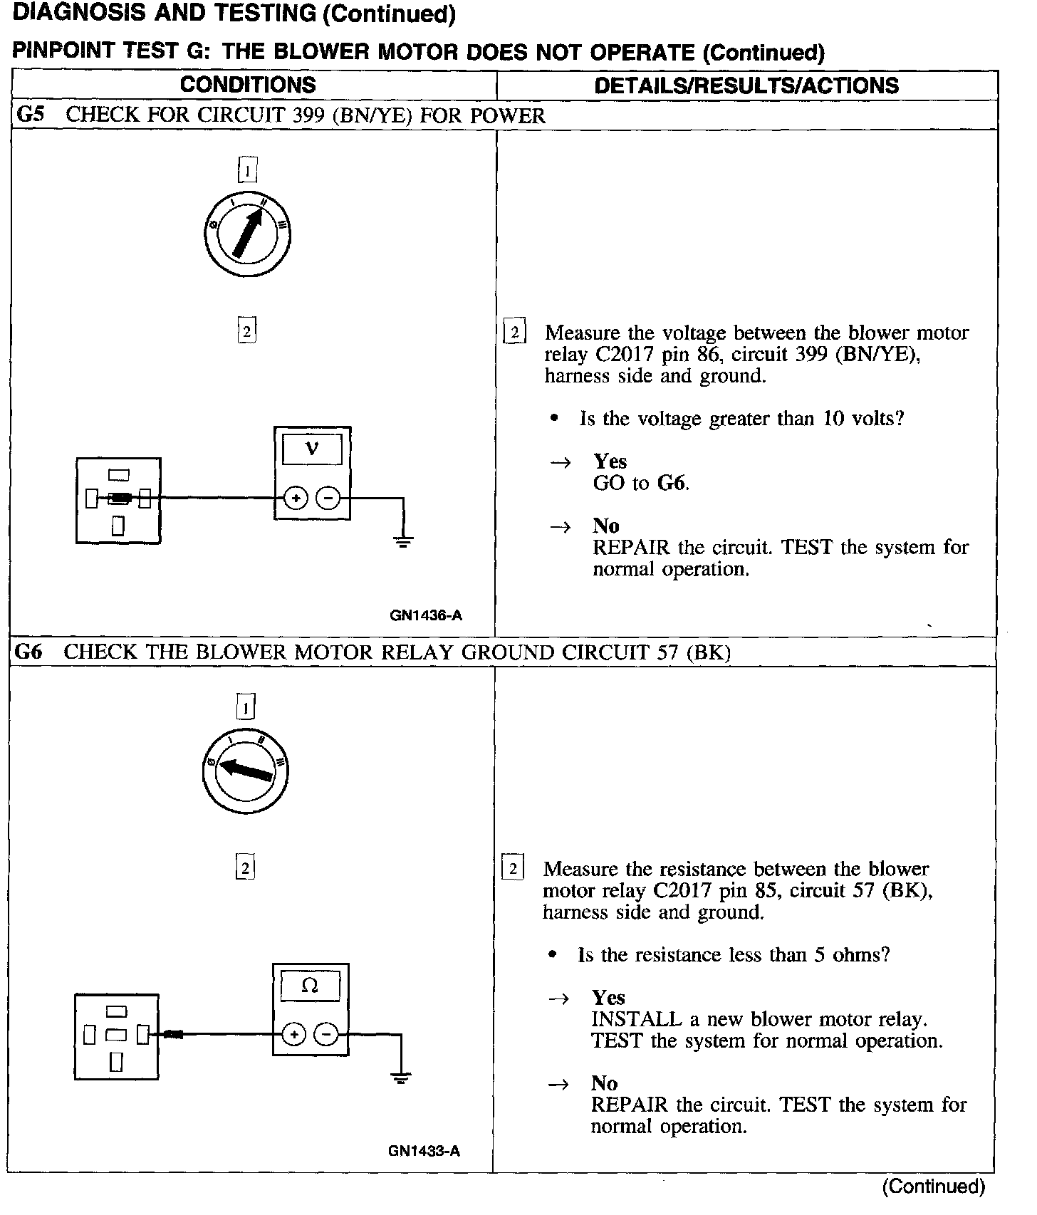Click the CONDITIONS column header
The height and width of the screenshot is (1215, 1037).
[x=248, y=85]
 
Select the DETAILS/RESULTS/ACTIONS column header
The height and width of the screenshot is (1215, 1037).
[x=746, y=85]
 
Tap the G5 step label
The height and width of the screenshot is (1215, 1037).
[x=31, y=115]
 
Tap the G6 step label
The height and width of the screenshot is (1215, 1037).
[x=28, y=652]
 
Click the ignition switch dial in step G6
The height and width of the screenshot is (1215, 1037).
[x=246, y=771]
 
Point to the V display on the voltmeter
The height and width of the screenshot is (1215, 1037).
[x=312, y=449]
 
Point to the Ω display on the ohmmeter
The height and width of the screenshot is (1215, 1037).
[x=310, y=986]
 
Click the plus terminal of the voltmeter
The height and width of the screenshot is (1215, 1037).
[x=296, y=499]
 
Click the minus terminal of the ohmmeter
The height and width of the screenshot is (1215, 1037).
[x=326, y=1034]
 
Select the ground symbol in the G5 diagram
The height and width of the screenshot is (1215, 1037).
[x=403, y=542]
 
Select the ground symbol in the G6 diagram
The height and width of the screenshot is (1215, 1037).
[x=401, y=1078]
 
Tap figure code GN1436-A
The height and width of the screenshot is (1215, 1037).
[x=426, y=615]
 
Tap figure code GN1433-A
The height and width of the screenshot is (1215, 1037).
[x=424, y=1151]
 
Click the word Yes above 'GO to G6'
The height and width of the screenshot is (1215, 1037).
[x=610, y=462]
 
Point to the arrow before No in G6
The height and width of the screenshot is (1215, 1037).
[x=560, y=1084]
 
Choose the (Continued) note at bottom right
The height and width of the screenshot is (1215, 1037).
[x=933, y=1187]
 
